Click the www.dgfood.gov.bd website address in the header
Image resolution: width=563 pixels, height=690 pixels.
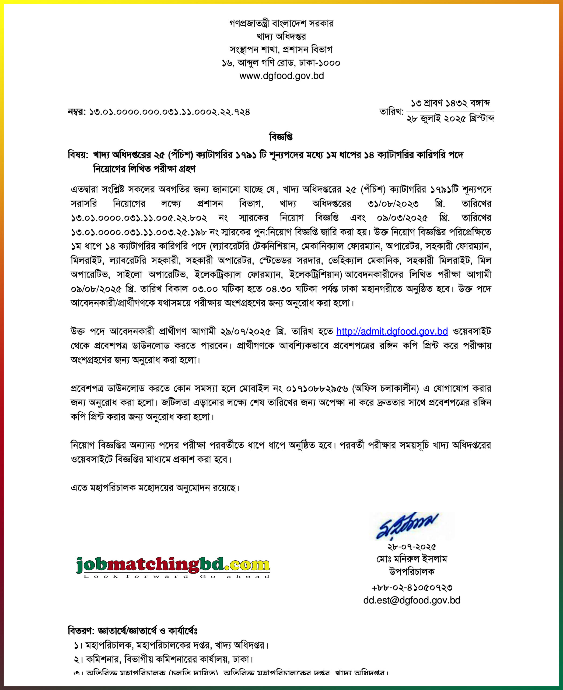tap(282, 76)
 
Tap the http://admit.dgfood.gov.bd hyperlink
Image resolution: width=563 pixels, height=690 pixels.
tap(392, 331)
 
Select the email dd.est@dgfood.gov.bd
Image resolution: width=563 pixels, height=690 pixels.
tap(412, 600)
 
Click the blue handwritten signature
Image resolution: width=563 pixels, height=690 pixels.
tap(408, 525)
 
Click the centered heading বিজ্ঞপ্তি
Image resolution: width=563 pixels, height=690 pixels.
tap(281, 137)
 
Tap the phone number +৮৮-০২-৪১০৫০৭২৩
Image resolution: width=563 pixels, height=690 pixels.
tap(412, 587)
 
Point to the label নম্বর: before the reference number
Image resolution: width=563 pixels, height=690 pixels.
tap(77, 112)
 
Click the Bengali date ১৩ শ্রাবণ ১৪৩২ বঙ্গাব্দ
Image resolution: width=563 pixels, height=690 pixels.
tap(450, 103)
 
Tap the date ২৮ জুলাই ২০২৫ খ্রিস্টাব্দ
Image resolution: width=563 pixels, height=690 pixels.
tap(450, 119)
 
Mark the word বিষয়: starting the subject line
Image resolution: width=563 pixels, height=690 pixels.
tap(78, 155)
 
